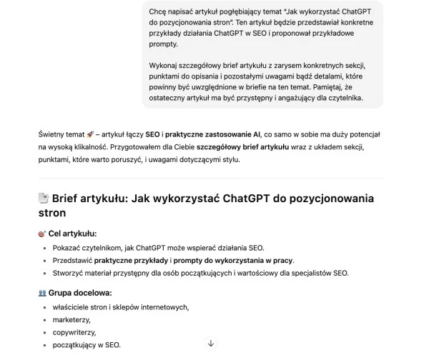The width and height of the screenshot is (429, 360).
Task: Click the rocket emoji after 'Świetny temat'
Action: [x=90, y=134]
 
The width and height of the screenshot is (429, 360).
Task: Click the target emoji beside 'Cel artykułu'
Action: [x=41, y=234]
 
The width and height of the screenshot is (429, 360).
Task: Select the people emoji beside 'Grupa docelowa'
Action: [x=41, y=293]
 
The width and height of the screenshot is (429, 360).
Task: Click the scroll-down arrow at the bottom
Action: [x=211, y=344]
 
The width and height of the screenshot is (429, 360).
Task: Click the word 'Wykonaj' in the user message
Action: [x=162, y=62]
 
